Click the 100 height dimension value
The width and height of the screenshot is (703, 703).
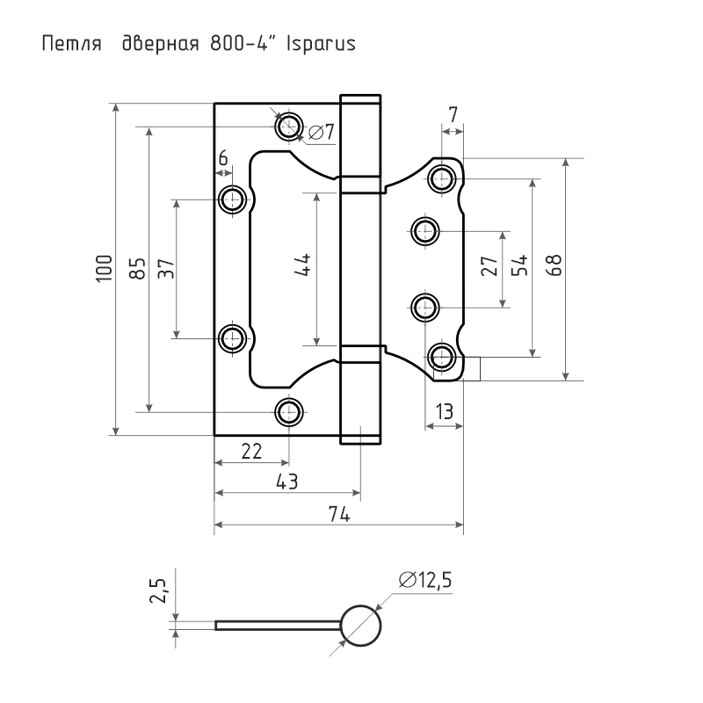104,269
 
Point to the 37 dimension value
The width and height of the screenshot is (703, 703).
166,269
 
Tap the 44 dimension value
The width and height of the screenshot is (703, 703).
303,265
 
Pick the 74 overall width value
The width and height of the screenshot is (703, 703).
339,514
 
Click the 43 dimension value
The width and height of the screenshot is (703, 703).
287,482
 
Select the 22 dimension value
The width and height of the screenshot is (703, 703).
251,452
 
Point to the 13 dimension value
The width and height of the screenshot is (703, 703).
444,411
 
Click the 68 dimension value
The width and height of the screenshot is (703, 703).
554,265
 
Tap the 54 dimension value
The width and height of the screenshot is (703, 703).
520,265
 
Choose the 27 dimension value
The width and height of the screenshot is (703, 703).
489,265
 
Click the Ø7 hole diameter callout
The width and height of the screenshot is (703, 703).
322,132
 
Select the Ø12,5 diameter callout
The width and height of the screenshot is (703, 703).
425,580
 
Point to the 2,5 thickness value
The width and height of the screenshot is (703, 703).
159,591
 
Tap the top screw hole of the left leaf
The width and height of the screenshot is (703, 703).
289,127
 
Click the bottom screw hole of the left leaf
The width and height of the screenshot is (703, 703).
289,412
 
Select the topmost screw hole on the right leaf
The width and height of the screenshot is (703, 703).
442,178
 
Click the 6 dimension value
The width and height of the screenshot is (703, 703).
223,158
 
